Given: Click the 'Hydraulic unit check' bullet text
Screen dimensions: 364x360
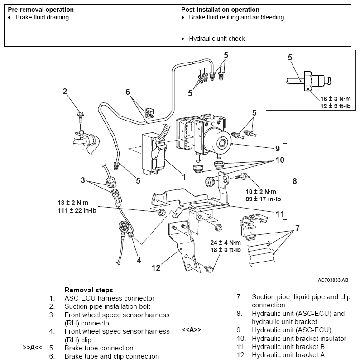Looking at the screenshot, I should coord(216,39).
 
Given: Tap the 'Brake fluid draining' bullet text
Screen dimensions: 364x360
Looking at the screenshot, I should coord(42,18).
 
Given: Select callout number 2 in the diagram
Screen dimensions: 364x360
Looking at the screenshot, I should coord(65,92).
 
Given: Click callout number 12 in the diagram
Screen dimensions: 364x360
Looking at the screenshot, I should coord(156,268).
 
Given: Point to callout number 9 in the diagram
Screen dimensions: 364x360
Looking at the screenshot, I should coord(277,148).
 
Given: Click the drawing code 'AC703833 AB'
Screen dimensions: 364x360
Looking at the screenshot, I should coord(333,281).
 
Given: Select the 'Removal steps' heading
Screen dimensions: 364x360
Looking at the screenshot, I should coord(89,290).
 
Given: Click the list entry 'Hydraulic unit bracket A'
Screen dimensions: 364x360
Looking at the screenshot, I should coord(288,355).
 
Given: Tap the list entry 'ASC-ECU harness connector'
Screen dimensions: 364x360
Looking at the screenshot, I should coord(109,298).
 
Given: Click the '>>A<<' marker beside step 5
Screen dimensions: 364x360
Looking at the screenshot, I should coord(33,348).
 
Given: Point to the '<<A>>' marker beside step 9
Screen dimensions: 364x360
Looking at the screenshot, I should coord(192,330).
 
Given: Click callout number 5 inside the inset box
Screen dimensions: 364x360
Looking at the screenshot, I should coord(290,57).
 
